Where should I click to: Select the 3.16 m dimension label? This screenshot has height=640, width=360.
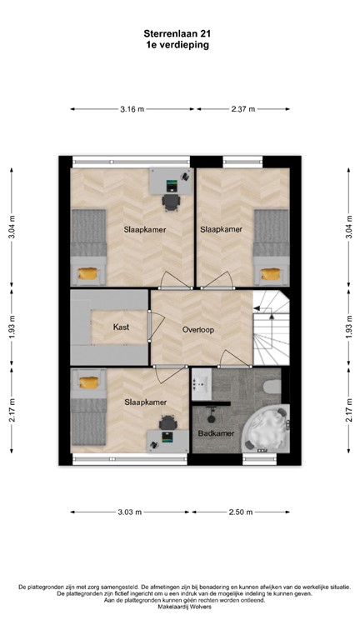tap(132, 109)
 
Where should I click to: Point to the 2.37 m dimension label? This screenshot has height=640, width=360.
tap(242, 109)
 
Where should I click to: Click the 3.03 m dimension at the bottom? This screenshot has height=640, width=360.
tap(129, 512)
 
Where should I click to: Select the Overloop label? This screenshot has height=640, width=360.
tap(198, 330)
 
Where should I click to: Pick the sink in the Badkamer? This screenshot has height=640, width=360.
tap(201, 384)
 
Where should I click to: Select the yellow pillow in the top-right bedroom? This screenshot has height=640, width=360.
tap(271, 273)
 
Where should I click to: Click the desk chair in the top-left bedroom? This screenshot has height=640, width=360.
tap(171, 201)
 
